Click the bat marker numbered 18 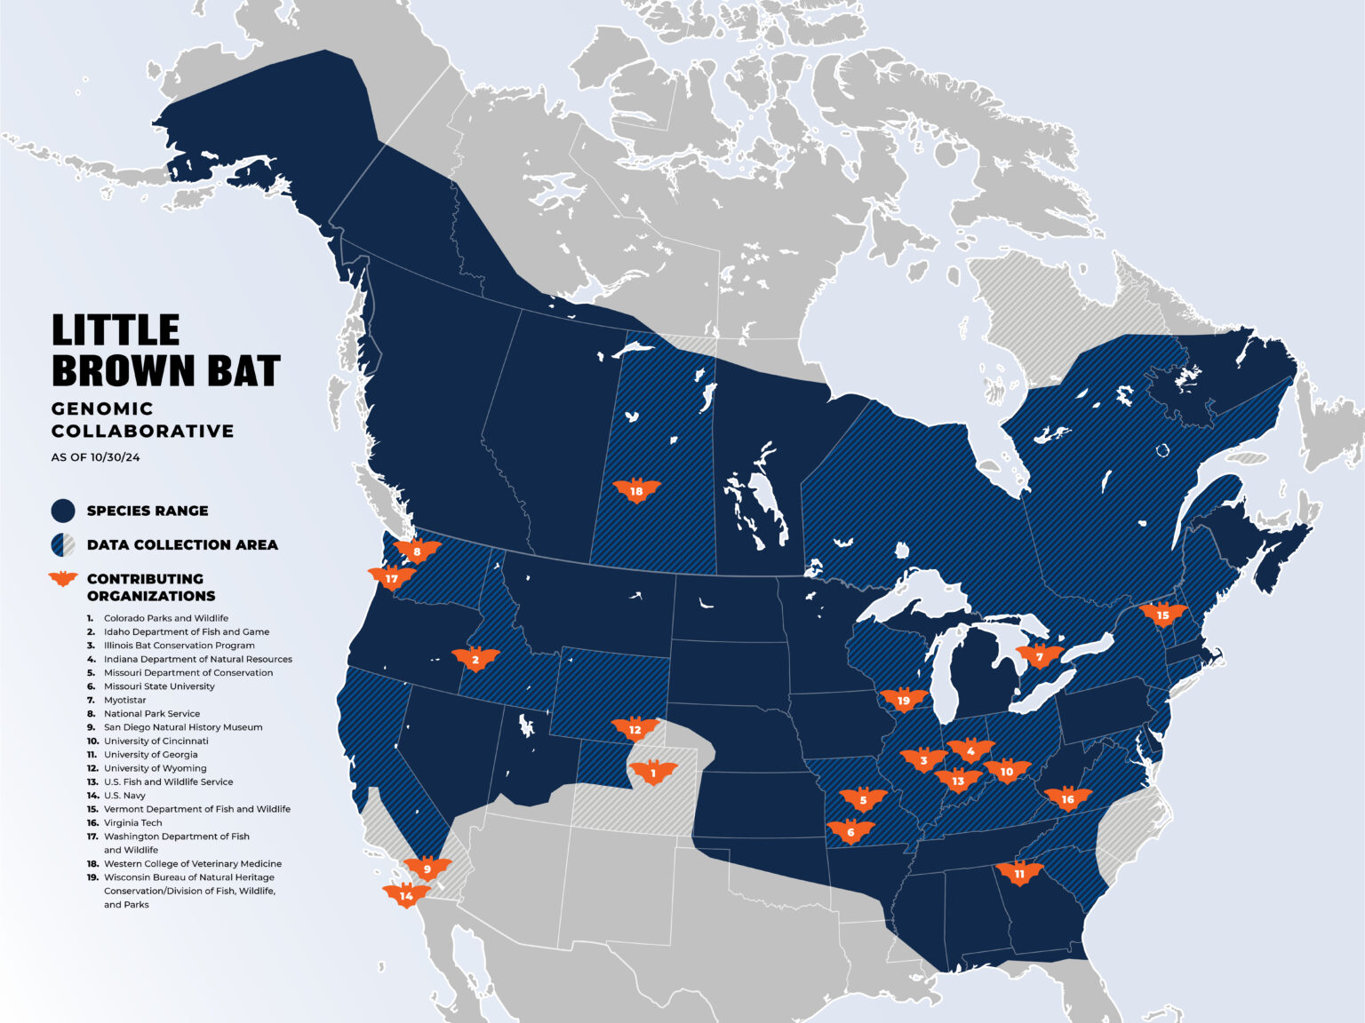[x=636, y=491]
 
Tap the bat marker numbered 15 [x=1162, y=615]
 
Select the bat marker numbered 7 [x=1039, y=657]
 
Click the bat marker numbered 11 [x=1019, y=874]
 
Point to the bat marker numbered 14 [x=406, y=896]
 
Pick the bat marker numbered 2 [x=475, y=659]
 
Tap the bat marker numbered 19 [x=904, y=701]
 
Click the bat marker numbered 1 [x=653, y=773]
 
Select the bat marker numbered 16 [x=1067, y=799]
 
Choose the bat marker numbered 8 [x=417, y=551]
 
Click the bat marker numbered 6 [x=850, y=832]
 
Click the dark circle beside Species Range [x=63, y=511]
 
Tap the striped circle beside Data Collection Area [x=63, y=544]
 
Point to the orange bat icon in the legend [x=63, y=579]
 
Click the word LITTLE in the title [x=116, y=330]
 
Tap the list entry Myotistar [x=124, y=700]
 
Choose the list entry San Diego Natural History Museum [x=182, y=727]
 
